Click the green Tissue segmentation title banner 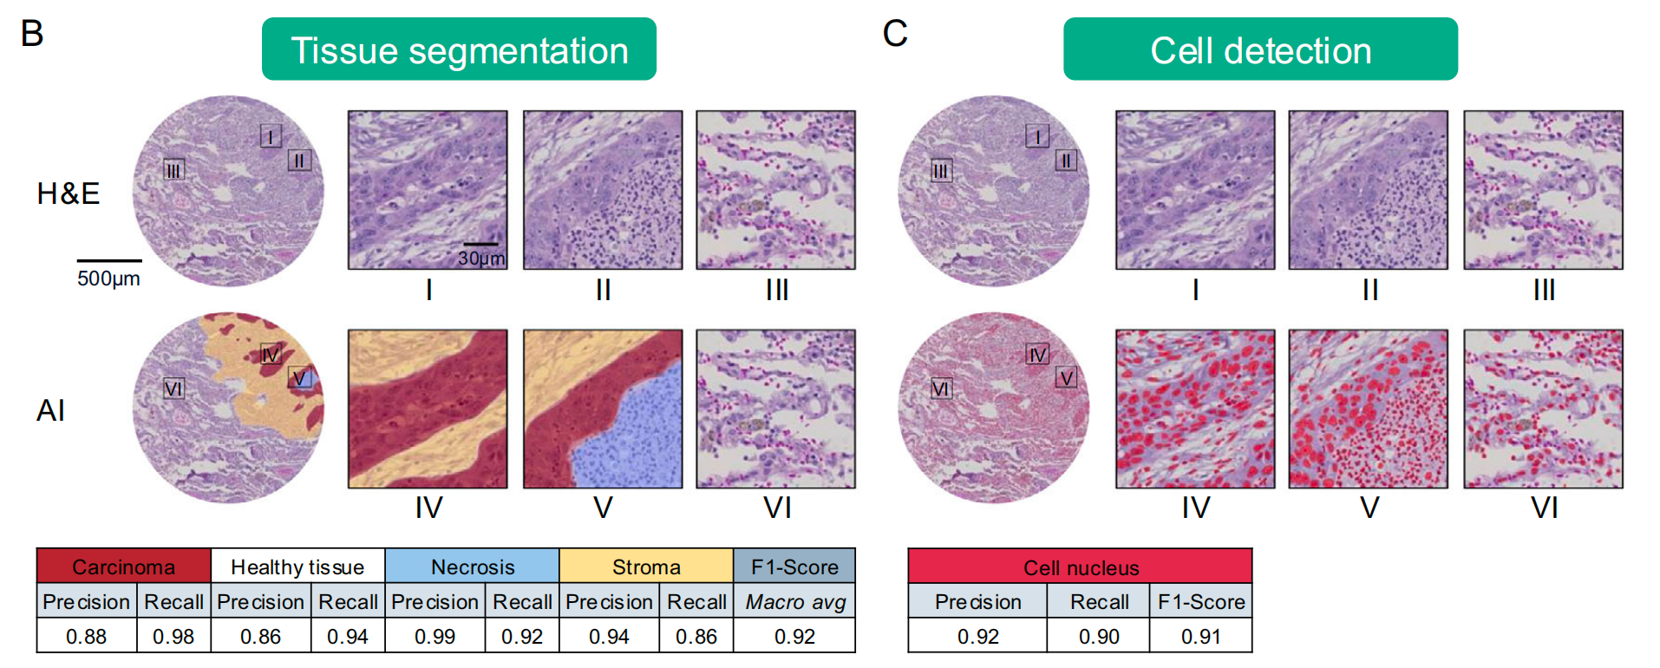coord(459,49)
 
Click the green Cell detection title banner coord(1259,49)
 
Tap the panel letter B coord(31,34)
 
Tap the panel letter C coord(894,34)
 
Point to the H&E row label coord(68,193)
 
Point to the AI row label coord(50,410)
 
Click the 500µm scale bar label coord(108,278)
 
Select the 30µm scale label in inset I coord(481,259)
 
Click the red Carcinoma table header coord(123,566)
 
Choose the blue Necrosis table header coord(473,566)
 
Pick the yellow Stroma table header coord(646,566)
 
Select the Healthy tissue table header coord(297,566)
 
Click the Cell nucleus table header coord(1081,567)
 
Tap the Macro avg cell coord(794,601)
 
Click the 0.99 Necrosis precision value coord(435,636)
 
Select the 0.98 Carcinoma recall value coord(173,636)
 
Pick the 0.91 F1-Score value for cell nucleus coord(1200,636)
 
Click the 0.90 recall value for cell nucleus coord(1099,636)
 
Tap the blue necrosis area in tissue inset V coord(633,434)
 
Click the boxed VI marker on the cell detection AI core coord(941,389)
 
